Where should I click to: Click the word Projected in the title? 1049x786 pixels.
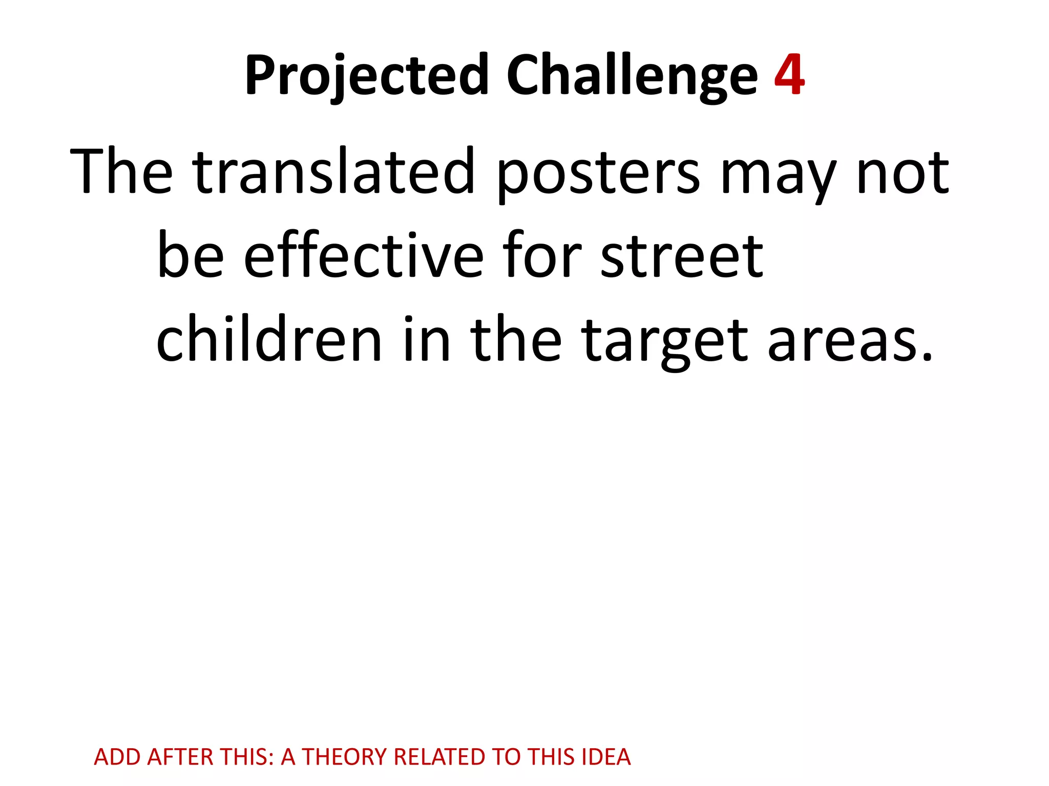click(367, 75)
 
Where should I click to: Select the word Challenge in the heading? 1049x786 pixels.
click(632, 75)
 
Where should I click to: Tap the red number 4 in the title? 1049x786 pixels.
click(789, 75)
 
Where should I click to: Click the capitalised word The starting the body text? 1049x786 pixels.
click(121, 171)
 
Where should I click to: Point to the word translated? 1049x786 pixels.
click(334, 171)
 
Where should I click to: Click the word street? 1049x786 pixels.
click(682, 256)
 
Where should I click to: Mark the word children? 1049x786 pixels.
click(269, 339)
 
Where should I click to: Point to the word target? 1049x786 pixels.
click(664, 342)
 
